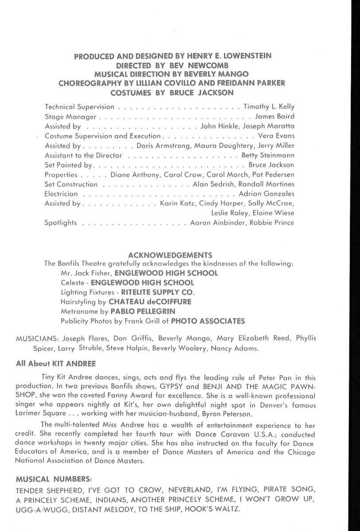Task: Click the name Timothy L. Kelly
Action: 269,107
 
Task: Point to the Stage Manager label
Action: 70,117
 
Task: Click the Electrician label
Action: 62,194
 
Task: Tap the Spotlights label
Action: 61,223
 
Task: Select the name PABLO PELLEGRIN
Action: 139,311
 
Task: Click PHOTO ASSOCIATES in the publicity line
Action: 208,320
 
